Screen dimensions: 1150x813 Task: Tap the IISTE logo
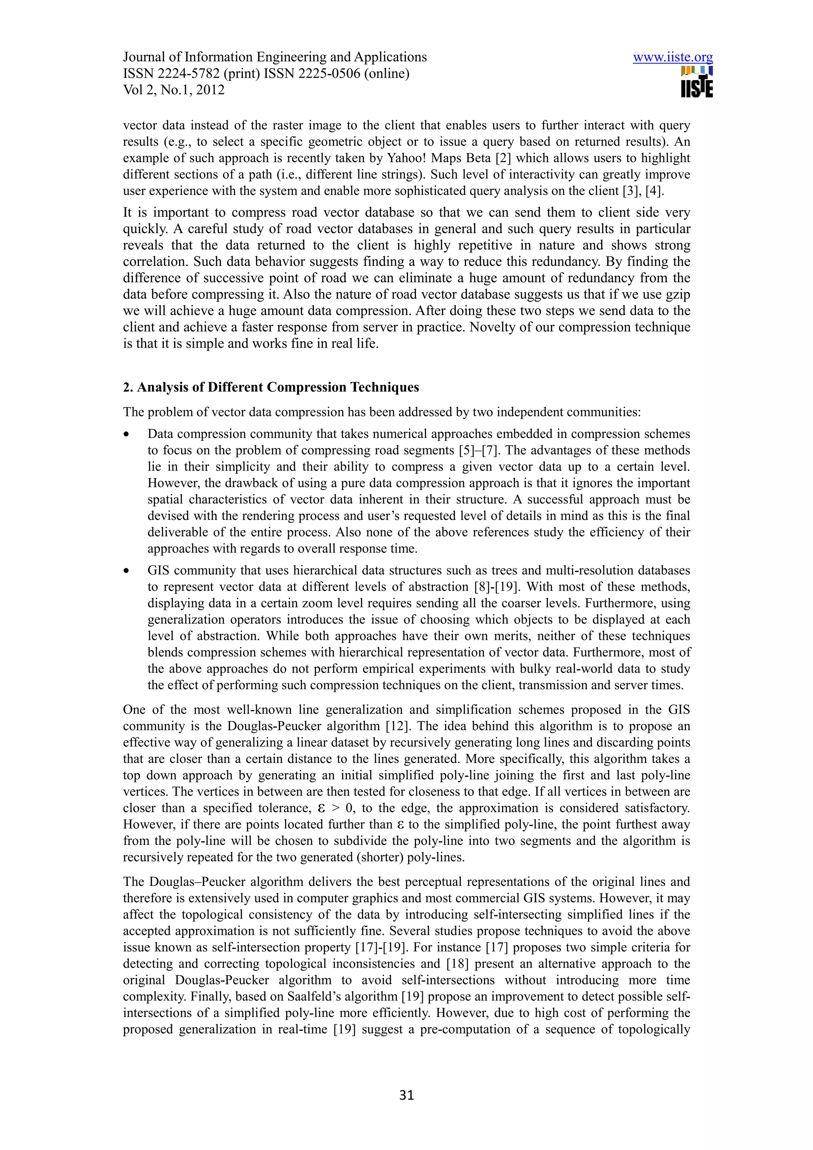(696, 83)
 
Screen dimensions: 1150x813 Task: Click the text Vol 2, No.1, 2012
(174, 90)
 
